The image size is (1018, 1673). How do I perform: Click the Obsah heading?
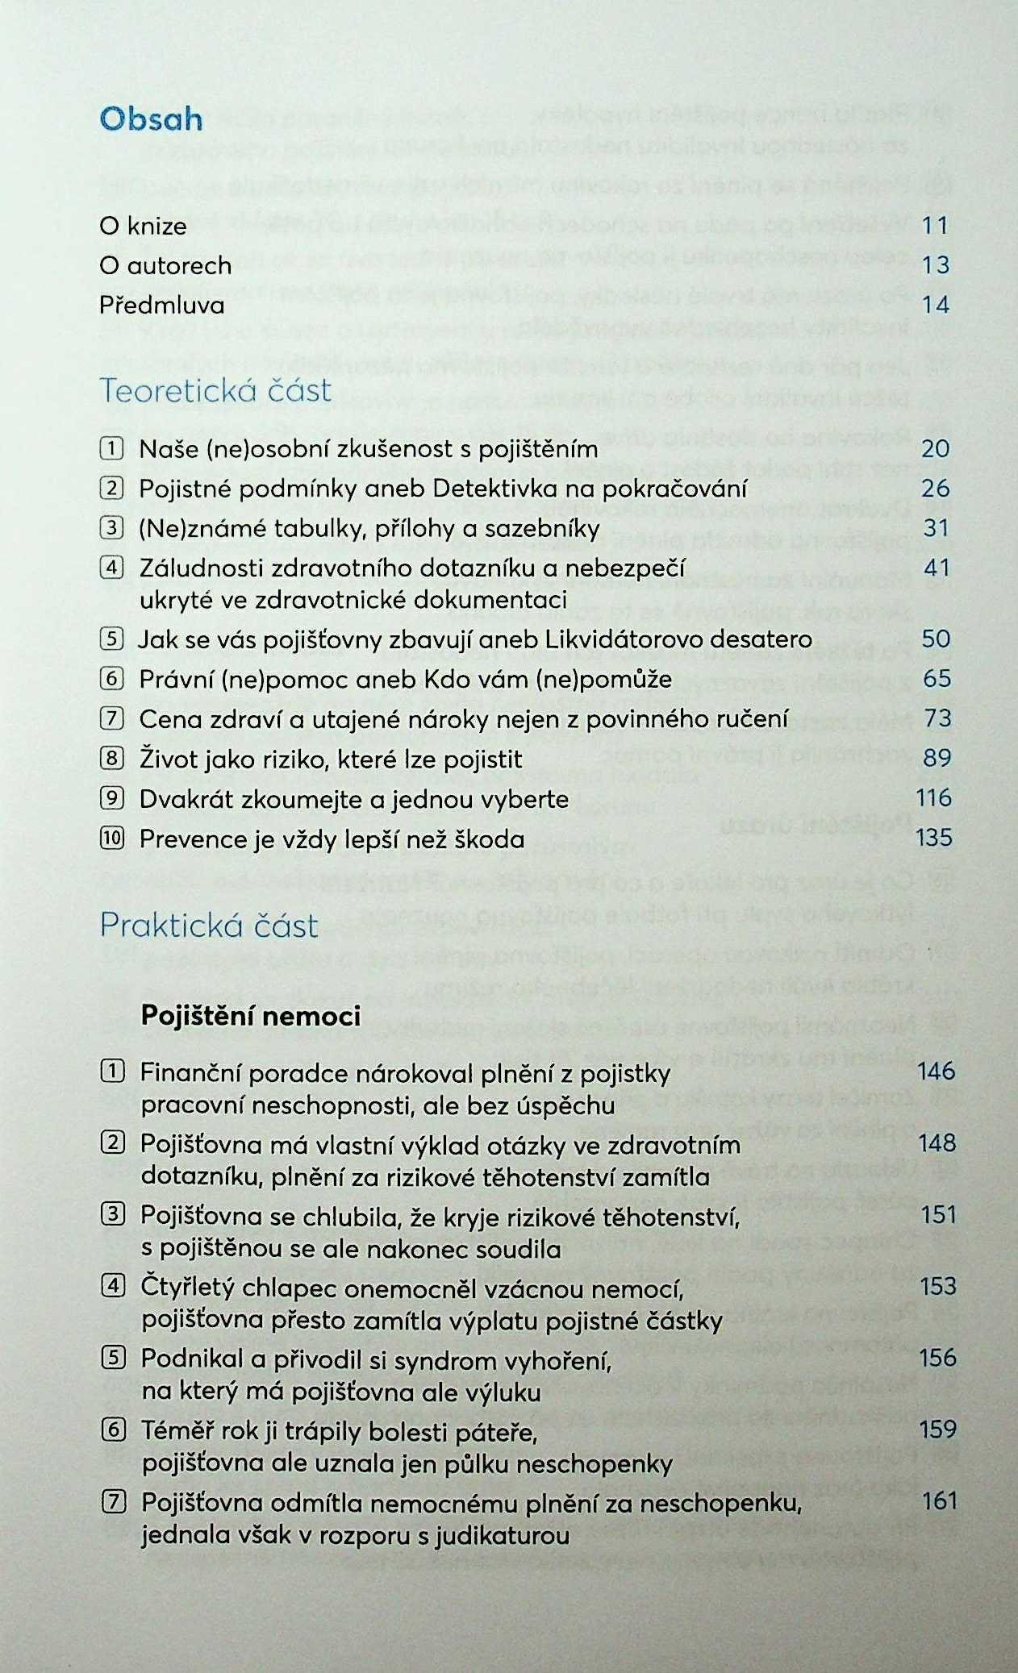151,119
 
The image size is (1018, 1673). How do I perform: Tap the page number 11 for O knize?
935,225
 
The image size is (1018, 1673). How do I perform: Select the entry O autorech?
165,265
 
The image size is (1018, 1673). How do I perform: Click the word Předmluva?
162,306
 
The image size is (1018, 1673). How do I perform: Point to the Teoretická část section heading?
215,391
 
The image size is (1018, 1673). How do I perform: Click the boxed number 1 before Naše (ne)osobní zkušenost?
112,448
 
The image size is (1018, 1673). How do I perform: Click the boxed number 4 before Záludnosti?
112,568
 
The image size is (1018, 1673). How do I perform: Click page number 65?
937,678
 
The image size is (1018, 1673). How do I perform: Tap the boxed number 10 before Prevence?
112,839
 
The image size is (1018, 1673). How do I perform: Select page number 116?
933,798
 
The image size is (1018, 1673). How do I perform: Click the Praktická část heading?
209,926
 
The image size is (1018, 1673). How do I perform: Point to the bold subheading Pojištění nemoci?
251,1016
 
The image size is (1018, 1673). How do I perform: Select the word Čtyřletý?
191,1288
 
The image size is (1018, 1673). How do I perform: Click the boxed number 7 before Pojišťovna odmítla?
114,1502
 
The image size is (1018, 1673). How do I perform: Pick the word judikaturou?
502,1536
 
